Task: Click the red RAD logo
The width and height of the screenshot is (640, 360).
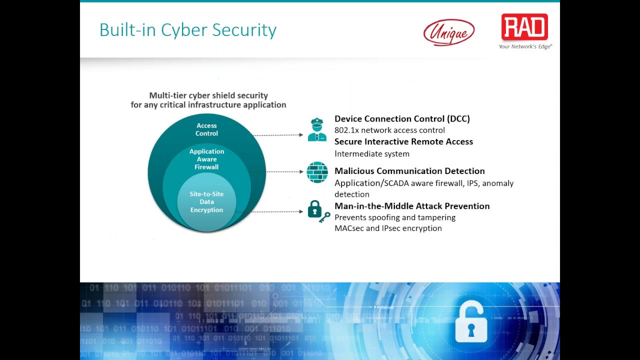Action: tap(524, 27)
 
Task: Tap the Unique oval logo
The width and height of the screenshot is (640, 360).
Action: tap(449, 32)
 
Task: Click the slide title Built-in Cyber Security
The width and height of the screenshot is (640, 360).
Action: tap(188, 30)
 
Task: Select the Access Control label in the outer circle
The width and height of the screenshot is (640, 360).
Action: tap(206, 129)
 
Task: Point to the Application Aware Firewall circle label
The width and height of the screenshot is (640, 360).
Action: tap(206, 159)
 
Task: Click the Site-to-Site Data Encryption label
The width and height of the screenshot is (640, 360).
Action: tap(206, 202)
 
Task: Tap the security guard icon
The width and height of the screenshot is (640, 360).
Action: tap(317, 130)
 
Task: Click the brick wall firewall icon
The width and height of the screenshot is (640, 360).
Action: tap(317, 172)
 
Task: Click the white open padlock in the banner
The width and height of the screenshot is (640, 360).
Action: tap(471, 323)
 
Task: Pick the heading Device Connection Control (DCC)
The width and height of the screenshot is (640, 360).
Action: tap(402, 118)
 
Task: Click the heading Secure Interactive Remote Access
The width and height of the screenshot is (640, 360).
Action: tap(403, 141)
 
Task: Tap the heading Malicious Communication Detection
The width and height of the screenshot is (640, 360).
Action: tap(409, 171)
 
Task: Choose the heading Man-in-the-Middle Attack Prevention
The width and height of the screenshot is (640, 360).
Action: tap(412, 206)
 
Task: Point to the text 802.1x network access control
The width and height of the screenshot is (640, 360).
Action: tap(389, 130)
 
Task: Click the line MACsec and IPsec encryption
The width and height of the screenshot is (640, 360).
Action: tap(388, 228)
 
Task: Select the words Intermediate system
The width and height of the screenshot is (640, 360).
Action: tap(372, 154)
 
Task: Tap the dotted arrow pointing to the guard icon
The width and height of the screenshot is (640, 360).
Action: tap(278, 135)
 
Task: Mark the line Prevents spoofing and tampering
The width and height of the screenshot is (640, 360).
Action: tap(395, 217)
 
